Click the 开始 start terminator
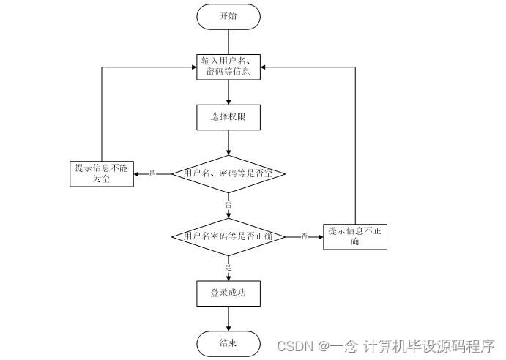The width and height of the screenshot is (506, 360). pos(228,16)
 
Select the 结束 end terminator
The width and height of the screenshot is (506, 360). pos(228,342)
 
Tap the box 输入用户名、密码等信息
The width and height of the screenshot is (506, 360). pos(228,66)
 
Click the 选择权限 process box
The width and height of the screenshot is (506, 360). pos(228,116)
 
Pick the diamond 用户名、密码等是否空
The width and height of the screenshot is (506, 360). pos(228,173)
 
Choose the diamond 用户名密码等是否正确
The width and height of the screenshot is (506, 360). pos(228,236)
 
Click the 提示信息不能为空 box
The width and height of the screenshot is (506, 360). pos(101,173)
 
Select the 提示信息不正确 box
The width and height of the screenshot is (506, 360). pos(354,236)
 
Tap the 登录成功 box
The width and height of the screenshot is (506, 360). pos(228,293)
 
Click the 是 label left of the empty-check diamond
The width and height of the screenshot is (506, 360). pos(152,173)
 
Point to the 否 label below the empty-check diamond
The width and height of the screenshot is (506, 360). pos(228,206)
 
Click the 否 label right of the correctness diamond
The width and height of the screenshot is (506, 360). pos(304,236)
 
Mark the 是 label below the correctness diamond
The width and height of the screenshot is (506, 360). pos(228,268)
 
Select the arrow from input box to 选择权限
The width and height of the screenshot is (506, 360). pos(228,91)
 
